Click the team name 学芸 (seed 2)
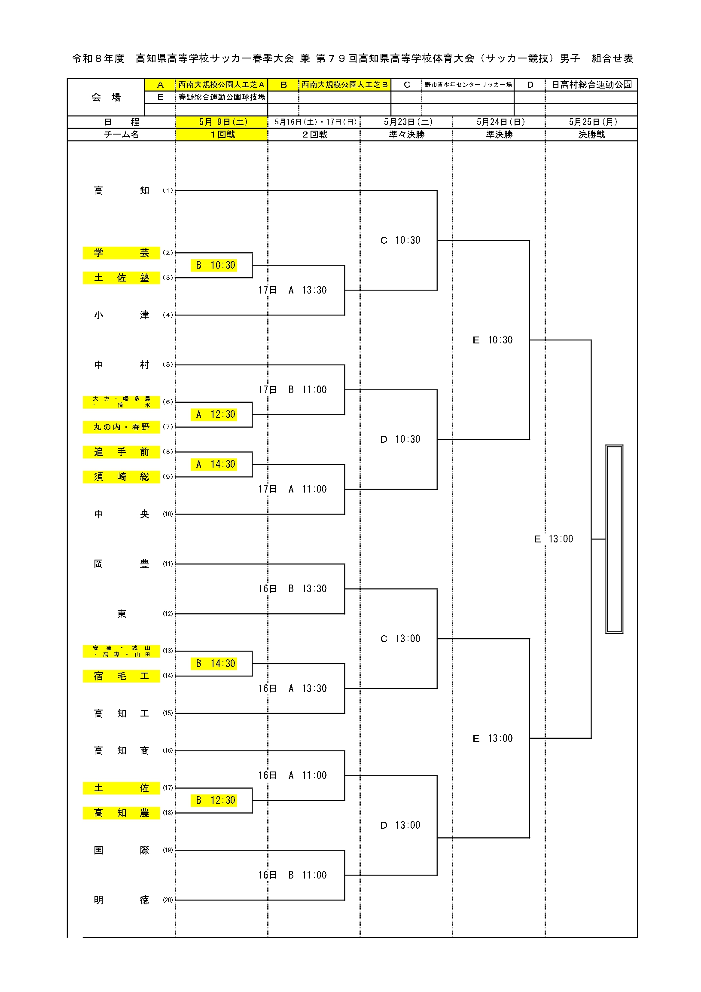[x=121, y=253]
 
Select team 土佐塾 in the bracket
[x=121, y=278]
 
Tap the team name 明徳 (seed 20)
[x=121, y=900]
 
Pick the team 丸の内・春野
[x=121, y=427]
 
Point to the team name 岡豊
[x=121, y=564]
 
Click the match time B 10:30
[x=214, y=265]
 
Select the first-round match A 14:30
[x=214, y=464]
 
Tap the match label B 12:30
[x=214, y=800]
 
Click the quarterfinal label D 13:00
[x=400, y=825]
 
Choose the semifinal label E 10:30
[x=493, y=340]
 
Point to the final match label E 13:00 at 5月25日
[x=554, y=539]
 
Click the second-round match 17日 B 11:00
[x=293, y=390]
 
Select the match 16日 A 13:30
[x=293, y=688]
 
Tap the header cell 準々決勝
[x=407, y=135]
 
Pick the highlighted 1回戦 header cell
[x=222, y=135]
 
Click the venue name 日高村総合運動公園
[x=591, y=85]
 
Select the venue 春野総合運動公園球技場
[x=222, y=97]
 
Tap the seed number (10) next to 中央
[x=168, y=514]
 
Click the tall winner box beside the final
[x=614, y=539]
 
